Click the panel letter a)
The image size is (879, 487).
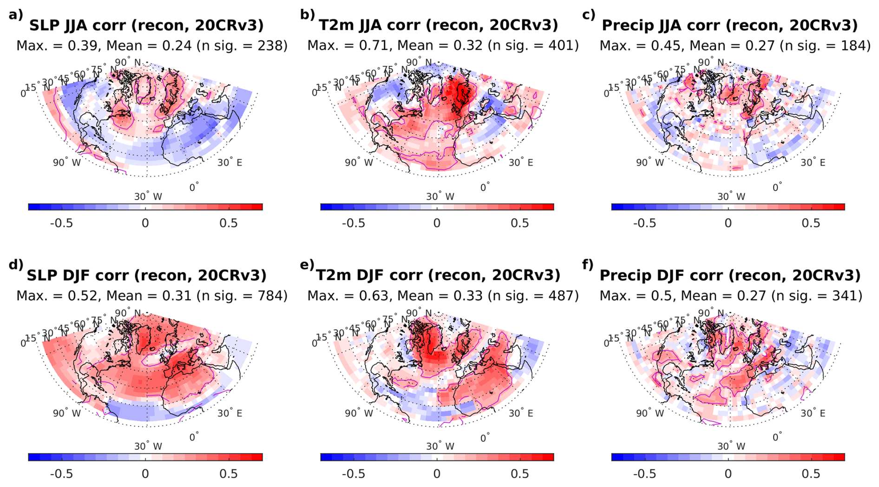15,14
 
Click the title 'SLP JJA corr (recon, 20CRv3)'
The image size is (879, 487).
146,25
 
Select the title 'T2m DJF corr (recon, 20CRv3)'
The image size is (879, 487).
438,275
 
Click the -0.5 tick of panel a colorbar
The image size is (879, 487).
61,223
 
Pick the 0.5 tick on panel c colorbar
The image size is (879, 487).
811,223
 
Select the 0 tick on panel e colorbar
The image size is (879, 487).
437,474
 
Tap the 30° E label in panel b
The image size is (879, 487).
520,163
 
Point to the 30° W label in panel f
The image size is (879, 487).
731,447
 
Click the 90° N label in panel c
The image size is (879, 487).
710,62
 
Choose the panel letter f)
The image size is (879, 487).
588,265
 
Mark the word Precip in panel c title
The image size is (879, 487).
627,25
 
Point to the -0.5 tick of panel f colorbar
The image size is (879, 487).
644,474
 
